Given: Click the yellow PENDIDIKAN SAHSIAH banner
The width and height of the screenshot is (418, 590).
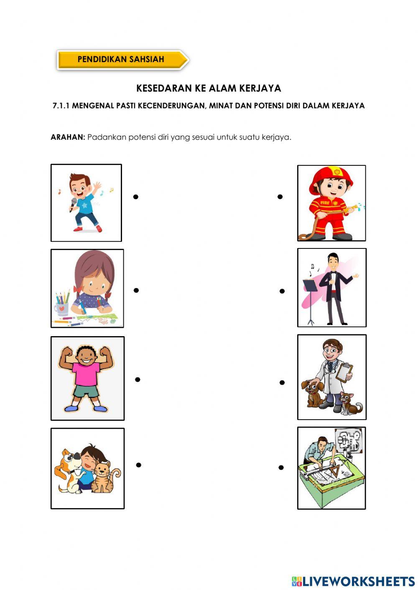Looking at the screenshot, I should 121,59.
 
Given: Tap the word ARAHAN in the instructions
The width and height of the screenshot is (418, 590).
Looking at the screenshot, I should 68,137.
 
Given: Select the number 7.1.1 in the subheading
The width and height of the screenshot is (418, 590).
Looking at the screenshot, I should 61,106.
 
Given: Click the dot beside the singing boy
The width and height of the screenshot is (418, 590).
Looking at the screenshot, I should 135,197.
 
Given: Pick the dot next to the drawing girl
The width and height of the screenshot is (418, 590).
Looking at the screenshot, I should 136,290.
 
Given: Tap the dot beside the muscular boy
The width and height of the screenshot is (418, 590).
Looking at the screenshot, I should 138,380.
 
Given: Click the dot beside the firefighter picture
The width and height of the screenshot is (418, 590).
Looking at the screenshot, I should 280,197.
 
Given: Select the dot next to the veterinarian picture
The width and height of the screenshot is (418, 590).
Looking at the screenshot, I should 282,382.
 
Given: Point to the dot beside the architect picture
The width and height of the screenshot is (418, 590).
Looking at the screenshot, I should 281,468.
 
